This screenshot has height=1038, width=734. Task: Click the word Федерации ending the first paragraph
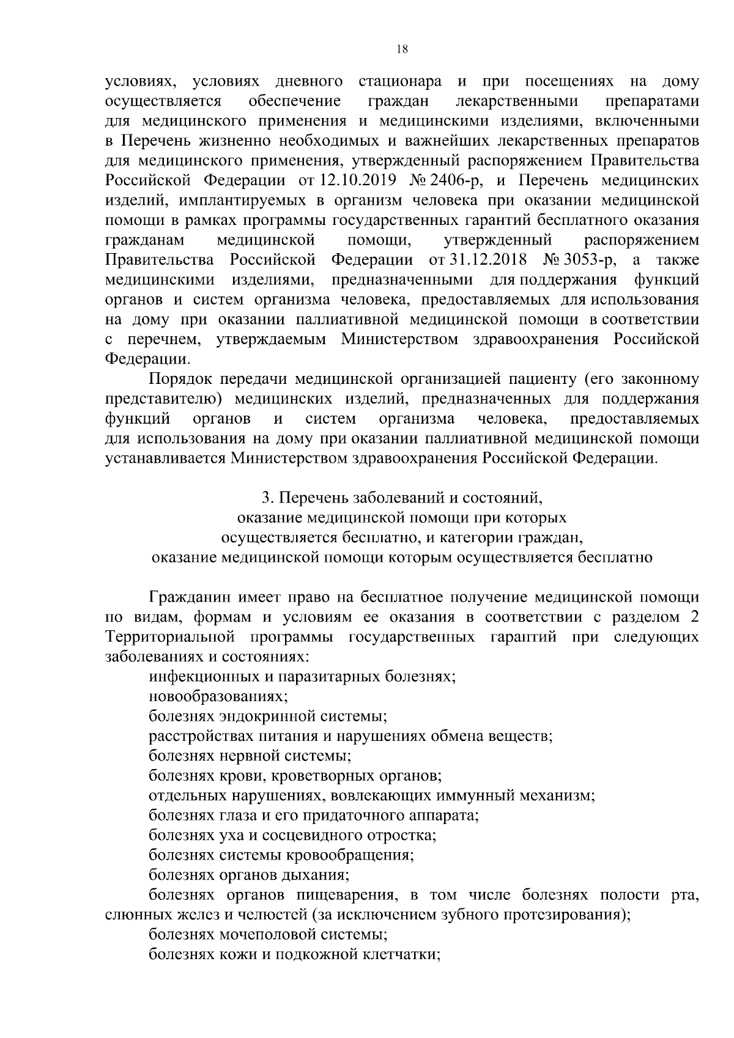147,359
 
